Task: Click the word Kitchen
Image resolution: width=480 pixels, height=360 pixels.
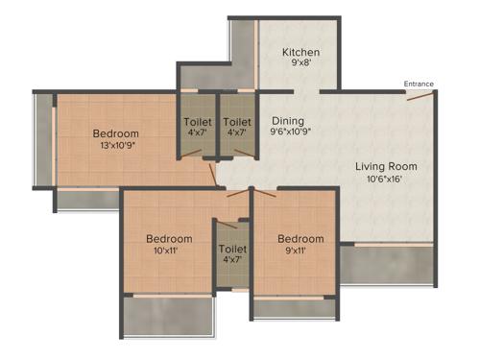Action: coord(300,52)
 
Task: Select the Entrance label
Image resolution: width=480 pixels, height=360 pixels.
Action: coord(419,84)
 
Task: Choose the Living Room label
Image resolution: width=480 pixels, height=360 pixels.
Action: coord(381,165)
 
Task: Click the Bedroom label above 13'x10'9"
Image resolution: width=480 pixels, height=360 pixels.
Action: coord(115,133)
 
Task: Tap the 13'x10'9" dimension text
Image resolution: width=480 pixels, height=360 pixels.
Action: coord(115,147)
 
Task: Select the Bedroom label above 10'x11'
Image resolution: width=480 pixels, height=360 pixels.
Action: coord(169,239)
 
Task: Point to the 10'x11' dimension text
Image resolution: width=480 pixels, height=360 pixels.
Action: coord(169,252)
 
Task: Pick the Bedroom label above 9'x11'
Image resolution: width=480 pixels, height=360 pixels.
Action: coord(300,239)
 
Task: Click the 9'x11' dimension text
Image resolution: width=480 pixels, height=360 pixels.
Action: coord(300,252)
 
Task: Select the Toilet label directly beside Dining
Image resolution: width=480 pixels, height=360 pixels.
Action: coord(237,122)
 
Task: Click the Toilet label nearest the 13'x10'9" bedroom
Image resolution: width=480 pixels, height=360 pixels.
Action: coord(198,122)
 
